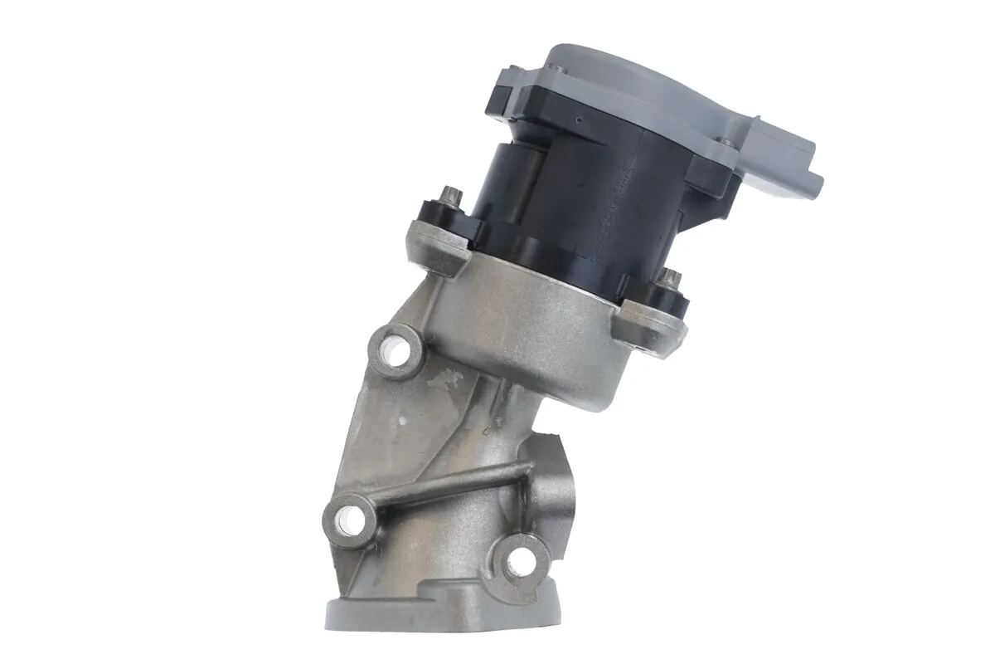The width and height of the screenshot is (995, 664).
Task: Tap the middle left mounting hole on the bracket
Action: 350,520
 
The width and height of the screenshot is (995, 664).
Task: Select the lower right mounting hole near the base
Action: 520,562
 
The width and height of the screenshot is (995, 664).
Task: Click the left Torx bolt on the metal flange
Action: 450,198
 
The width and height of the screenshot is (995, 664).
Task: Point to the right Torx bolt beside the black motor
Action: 672,277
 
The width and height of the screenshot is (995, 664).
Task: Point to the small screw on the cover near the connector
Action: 726,143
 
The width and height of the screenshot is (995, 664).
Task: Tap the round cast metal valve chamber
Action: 539,332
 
